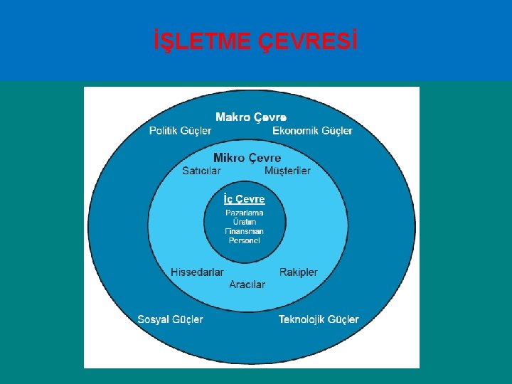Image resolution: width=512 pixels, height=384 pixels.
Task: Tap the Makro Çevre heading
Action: [251, 117]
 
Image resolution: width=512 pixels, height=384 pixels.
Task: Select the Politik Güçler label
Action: [180, 131]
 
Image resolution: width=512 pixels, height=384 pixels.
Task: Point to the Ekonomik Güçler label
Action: [312, 131]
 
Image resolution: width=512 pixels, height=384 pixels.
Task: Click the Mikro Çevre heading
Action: [247, 158]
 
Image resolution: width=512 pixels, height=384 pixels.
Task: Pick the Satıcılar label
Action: [201, 171]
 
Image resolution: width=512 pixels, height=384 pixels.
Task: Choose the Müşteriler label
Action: [287, 171]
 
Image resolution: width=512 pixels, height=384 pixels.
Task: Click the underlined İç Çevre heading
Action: [244, 199]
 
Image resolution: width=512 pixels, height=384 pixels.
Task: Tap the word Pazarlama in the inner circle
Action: [244, 213]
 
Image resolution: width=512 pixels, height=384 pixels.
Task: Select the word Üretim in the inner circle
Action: [244, 222]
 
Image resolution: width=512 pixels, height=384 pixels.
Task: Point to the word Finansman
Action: [244, 231]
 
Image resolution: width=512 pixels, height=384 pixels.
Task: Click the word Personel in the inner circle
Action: [244, 240]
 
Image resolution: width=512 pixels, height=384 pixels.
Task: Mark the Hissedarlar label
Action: [197, 272]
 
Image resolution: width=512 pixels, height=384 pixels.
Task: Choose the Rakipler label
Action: [299, 272]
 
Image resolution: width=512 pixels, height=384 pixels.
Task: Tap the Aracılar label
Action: [247, 284]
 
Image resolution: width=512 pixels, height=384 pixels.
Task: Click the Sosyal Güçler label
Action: [170, 319]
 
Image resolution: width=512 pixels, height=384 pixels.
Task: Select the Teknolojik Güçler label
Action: [319, 319]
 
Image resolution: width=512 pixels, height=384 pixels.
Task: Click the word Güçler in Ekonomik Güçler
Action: [337, 131]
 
